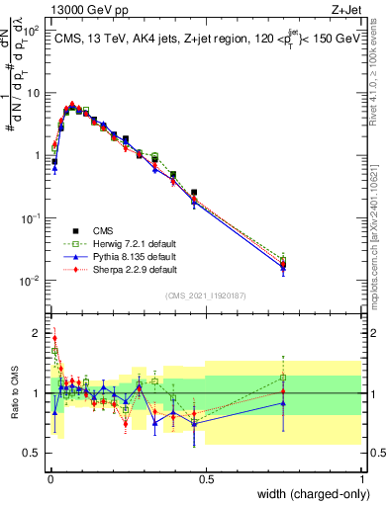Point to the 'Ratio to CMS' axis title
pos(13,393)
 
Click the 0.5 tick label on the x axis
pos(206,479)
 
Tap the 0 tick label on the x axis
pos(49,479)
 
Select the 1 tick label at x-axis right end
pos(361,479)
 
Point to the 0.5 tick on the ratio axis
pos(31,453)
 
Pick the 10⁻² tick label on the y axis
pos(30,281)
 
